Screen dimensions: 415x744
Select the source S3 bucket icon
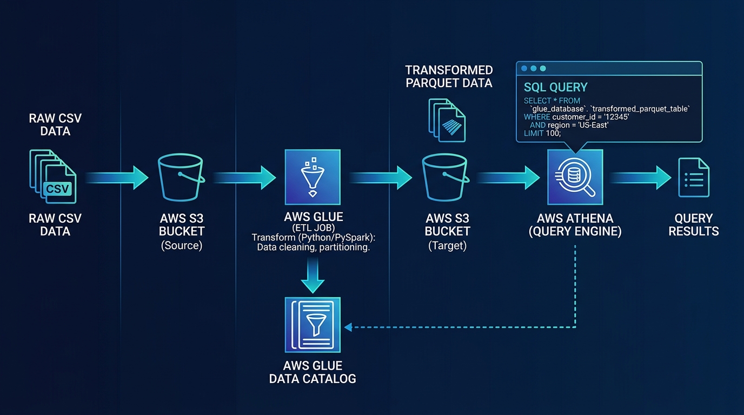click(x=181, y=177)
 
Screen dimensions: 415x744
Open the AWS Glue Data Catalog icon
click(x=313, y=325)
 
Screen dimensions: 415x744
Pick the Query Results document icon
click(x=694, y=178)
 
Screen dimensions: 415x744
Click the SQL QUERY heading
click(x=555, y=87)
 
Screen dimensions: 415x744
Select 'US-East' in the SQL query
click(x=594, y=125)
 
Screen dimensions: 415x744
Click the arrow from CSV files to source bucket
click(x=117, y=177)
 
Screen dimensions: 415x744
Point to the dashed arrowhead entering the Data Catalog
click(x=348, y=327)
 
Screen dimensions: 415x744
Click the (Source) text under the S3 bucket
click(x=181, y=246)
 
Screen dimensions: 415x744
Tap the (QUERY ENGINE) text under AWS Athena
click(x=575, y=232)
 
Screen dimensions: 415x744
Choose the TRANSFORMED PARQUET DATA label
click(x=449, y=76)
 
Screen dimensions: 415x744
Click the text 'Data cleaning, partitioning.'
click(x=313, y=247)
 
